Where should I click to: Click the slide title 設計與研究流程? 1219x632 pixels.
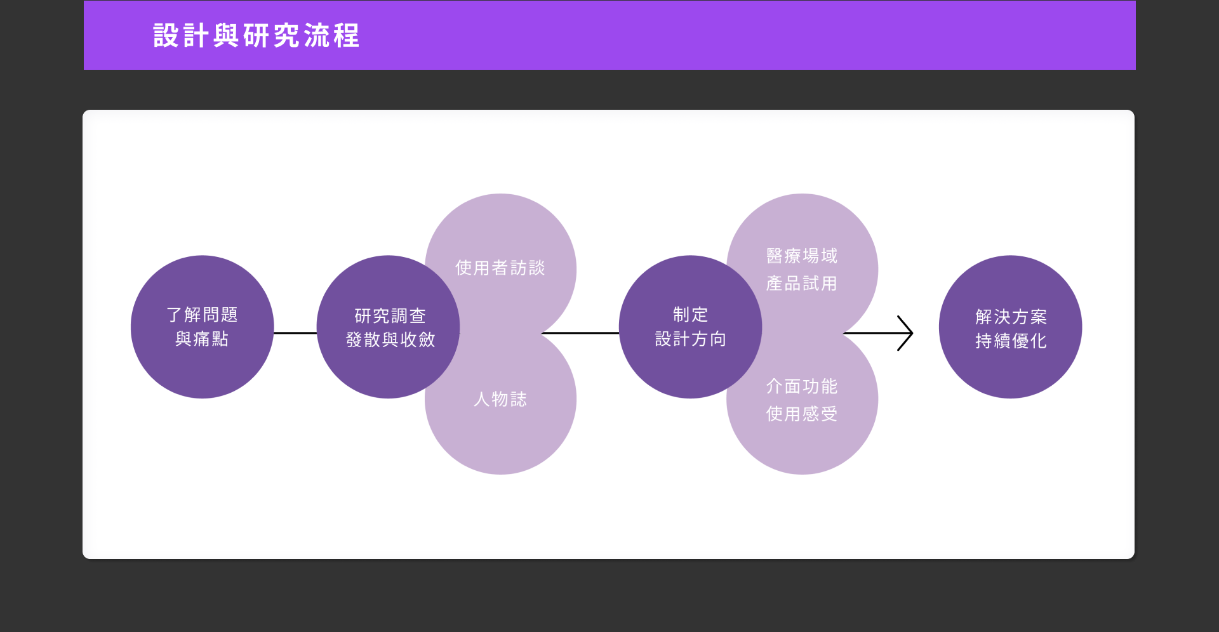point(256,36)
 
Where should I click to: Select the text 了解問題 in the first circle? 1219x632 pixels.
point(202,315)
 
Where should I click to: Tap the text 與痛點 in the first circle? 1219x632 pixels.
point(202,339)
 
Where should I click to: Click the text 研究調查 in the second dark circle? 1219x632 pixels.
point(390,315)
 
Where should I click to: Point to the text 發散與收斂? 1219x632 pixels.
point(390,339)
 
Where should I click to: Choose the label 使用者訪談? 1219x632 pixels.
point(500,268)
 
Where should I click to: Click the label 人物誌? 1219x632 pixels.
point(500,399)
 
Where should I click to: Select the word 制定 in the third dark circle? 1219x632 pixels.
point(690,315)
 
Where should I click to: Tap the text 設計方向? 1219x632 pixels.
point(690,339)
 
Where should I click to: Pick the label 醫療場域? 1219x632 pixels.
point(801,256)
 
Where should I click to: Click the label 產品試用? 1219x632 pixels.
point(801,283)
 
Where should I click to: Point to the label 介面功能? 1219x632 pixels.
point(801,386)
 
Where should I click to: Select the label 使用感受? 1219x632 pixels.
point(801,414)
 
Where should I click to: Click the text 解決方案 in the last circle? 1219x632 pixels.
point(1011,317)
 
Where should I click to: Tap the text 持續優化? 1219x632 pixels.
point(1011,341)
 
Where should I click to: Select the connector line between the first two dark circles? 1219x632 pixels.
point(295,333)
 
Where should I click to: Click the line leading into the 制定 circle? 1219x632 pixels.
point(580,333)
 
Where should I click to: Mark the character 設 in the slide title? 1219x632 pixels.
point(165,36)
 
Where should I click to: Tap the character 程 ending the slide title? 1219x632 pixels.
point(347,36)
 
